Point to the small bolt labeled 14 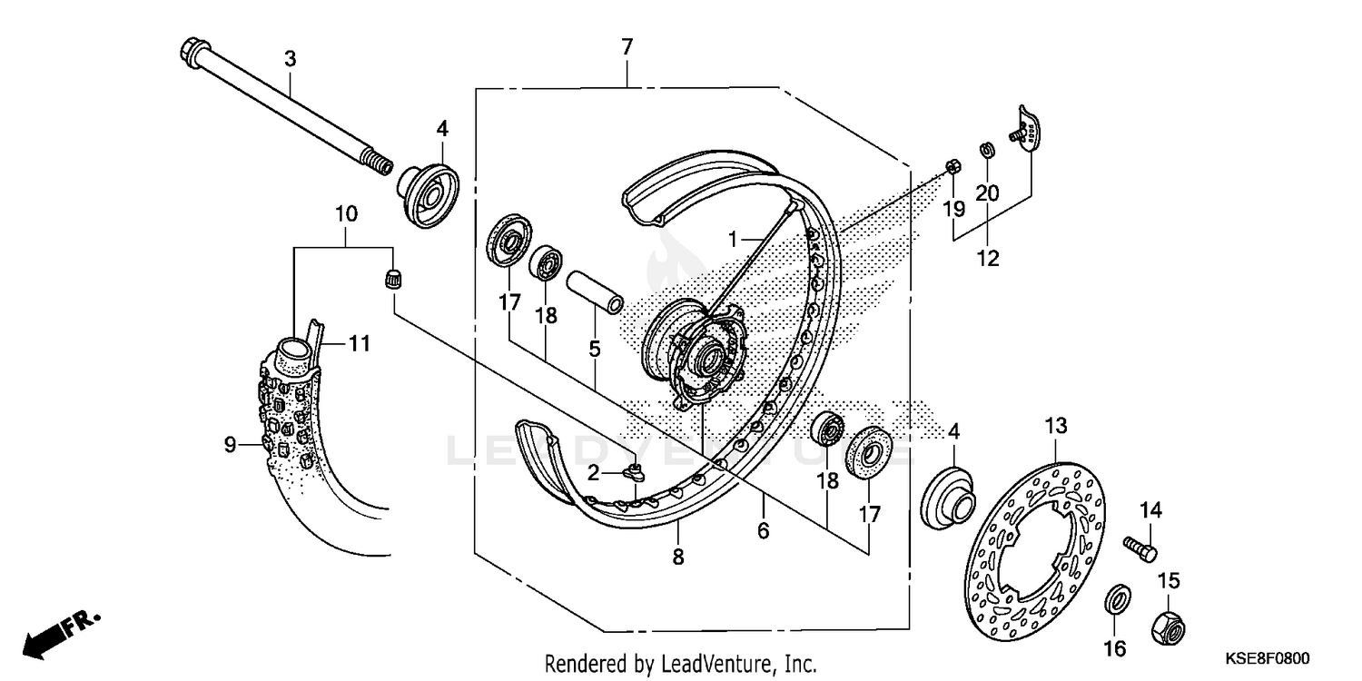[1140, 548]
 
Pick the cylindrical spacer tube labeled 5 [595, 289]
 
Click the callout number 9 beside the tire [230, 444]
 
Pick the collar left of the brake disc [948, 494]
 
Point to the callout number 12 [987, 259]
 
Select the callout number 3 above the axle [290, 60]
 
